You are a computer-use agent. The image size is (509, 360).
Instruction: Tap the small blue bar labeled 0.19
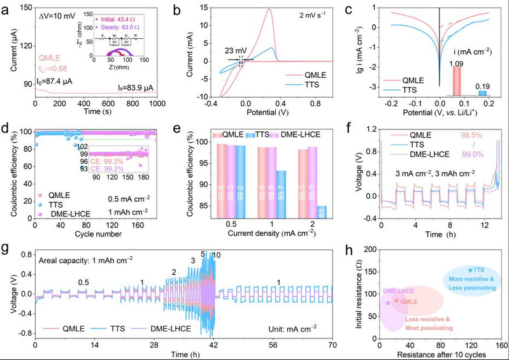(483, 93)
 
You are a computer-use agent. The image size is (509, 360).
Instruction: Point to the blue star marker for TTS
(470, 270)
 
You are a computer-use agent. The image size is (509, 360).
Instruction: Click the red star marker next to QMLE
(396, 300)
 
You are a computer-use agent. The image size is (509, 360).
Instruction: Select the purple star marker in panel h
(389, 303)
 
